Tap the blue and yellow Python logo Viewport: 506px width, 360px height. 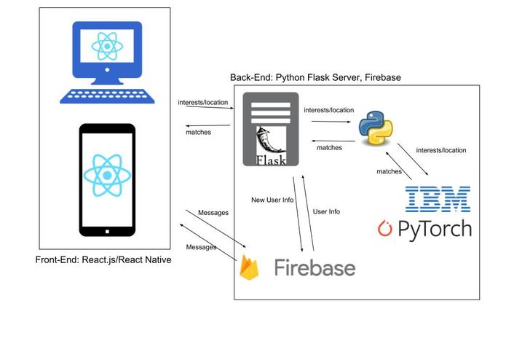[376, 128]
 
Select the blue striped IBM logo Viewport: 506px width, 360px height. [437, 199]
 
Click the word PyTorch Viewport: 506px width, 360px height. [435, 229]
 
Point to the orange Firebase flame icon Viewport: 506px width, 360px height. [249, 268]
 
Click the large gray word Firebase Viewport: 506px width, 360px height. [315, 267]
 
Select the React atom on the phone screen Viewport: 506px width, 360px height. [107, 175]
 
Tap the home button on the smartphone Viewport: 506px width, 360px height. [107, 232]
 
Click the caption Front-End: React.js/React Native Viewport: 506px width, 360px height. [103, 259]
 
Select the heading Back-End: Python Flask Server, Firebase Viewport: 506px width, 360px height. [315, 77]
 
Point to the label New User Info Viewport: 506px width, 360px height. [272, 199]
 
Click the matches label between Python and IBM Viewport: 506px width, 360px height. [389, 171]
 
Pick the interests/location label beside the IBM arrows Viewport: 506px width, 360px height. [440, 150]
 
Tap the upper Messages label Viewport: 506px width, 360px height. [213, 213]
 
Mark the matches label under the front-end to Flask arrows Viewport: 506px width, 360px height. [198, 133]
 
